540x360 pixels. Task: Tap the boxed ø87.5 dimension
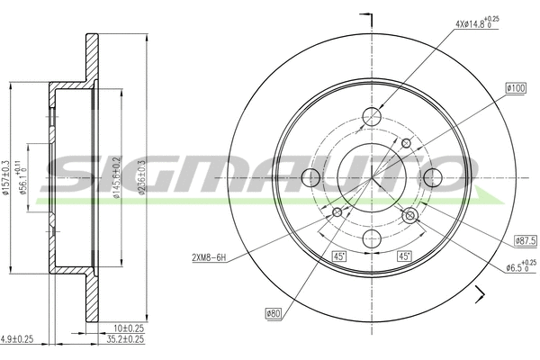[526, 240]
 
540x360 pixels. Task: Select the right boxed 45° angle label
[405, 256]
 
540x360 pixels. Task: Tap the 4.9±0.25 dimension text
[18, 339]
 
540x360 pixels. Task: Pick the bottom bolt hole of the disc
[372, 238]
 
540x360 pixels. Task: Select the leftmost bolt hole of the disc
[311, 177]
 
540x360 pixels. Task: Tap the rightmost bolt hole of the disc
[432, 177]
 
